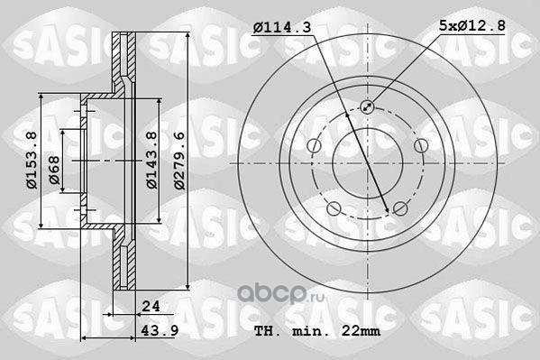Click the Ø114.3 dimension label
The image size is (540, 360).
pos(282,27)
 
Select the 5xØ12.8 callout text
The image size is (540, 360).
pos(472,25)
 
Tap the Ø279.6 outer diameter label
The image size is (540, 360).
pos(179,161)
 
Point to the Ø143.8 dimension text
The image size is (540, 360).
pos(151,161)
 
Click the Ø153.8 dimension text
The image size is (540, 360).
pos(32,161)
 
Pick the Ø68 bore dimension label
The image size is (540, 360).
pos(54,171)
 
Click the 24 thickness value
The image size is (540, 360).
pos(151,306)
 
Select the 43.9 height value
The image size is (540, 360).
pos(160,331)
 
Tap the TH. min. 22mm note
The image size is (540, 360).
pos(317,331)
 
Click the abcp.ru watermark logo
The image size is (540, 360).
pos(280,294)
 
